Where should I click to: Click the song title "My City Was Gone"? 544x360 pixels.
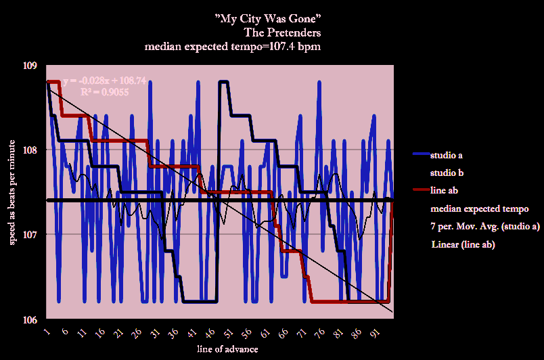pos(271,18)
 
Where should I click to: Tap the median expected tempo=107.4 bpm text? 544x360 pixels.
pos(233,47)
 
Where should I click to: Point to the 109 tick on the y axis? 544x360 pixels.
pos(30,66)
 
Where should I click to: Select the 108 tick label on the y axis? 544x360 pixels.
pos(30,150)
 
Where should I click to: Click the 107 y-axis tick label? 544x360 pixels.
pos(30,234)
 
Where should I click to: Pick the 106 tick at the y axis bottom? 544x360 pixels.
pos(30,318)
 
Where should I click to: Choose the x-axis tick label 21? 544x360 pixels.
pos(119,333)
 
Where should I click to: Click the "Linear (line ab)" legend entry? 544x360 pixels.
pos(463,244)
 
